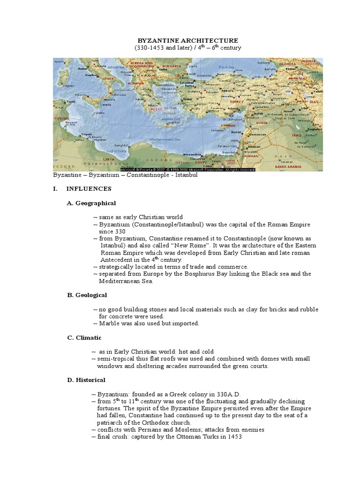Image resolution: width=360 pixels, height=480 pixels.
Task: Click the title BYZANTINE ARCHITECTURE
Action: click(x=187, y=41)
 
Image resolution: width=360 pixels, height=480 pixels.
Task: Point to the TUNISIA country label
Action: click(x=61, y=119)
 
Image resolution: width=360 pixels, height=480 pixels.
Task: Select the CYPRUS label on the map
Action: click(x=228, y=126)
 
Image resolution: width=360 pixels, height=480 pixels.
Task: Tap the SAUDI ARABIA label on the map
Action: click(x=300, y=166)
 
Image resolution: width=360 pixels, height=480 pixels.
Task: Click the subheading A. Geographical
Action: click(x=91, y=203)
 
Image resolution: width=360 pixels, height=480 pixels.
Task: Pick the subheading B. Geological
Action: click(x=87, y=295)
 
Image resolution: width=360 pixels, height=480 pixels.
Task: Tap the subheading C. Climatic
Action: click(x=84, y=337)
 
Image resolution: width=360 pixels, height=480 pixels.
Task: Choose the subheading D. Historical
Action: click(x=87, y=380)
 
